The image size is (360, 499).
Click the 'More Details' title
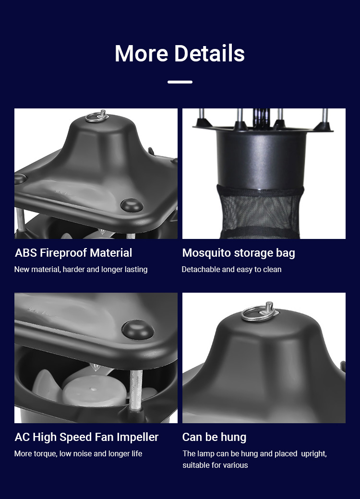(x=180, y=53)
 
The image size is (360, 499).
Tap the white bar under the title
(x=180, y=82)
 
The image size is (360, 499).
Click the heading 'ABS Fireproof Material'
(x=73, y=253)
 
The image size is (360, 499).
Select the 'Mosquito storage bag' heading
(x=239, y=253)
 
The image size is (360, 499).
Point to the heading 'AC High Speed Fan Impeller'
(x=86, y=437)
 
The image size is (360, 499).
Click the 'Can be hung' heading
(x=214, y=437)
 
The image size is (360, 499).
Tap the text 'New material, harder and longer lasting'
(x=81, y=269)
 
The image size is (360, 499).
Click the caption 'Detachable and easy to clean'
(x=231, y=269)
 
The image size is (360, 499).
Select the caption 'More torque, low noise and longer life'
(x=78, y=453)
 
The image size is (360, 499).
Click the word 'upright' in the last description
(x=313, y=454)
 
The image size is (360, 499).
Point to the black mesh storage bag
(x=260, y=211)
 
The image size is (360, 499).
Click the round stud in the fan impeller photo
(x=138, y=330)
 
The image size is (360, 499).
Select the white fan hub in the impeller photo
(x=94, y=391)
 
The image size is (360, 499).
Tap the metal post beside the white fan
(x=136, y=390)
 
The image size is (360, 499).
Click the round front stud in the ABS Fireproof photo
(x=132, y=205)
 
